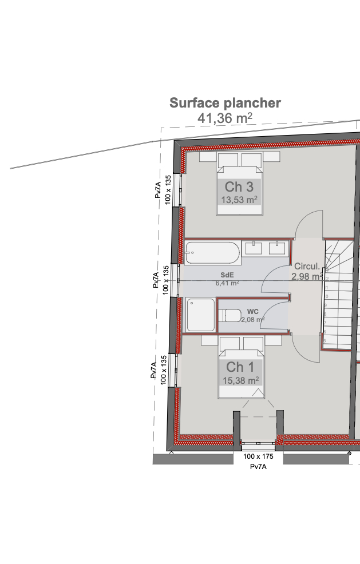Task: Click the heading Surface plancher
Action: tap(225, 103)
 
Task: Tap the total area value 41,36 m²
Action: tap(225, 118)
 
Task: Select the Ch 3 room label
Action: tap(239, 186)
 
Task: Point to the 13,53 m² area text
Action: tap(239, 200)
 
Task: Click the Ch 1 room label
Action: tap(240, 367)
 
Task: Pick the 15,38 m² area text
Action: tap(240, 380)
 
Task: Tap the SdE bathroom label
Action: tap(227, 275)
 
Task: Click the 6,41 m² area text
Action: tap(227, 283)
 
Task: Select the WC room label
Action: tap(253, 312)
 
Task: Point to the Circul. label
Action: tap(307, 267)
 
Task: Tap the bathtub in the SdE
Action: tap(212, 251)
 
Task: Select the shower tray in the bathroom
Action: tap(200, 314)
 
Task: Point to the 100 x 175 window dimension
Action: tap(258, 456)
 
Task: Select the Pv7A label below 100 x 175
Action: tap(258, 467)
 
